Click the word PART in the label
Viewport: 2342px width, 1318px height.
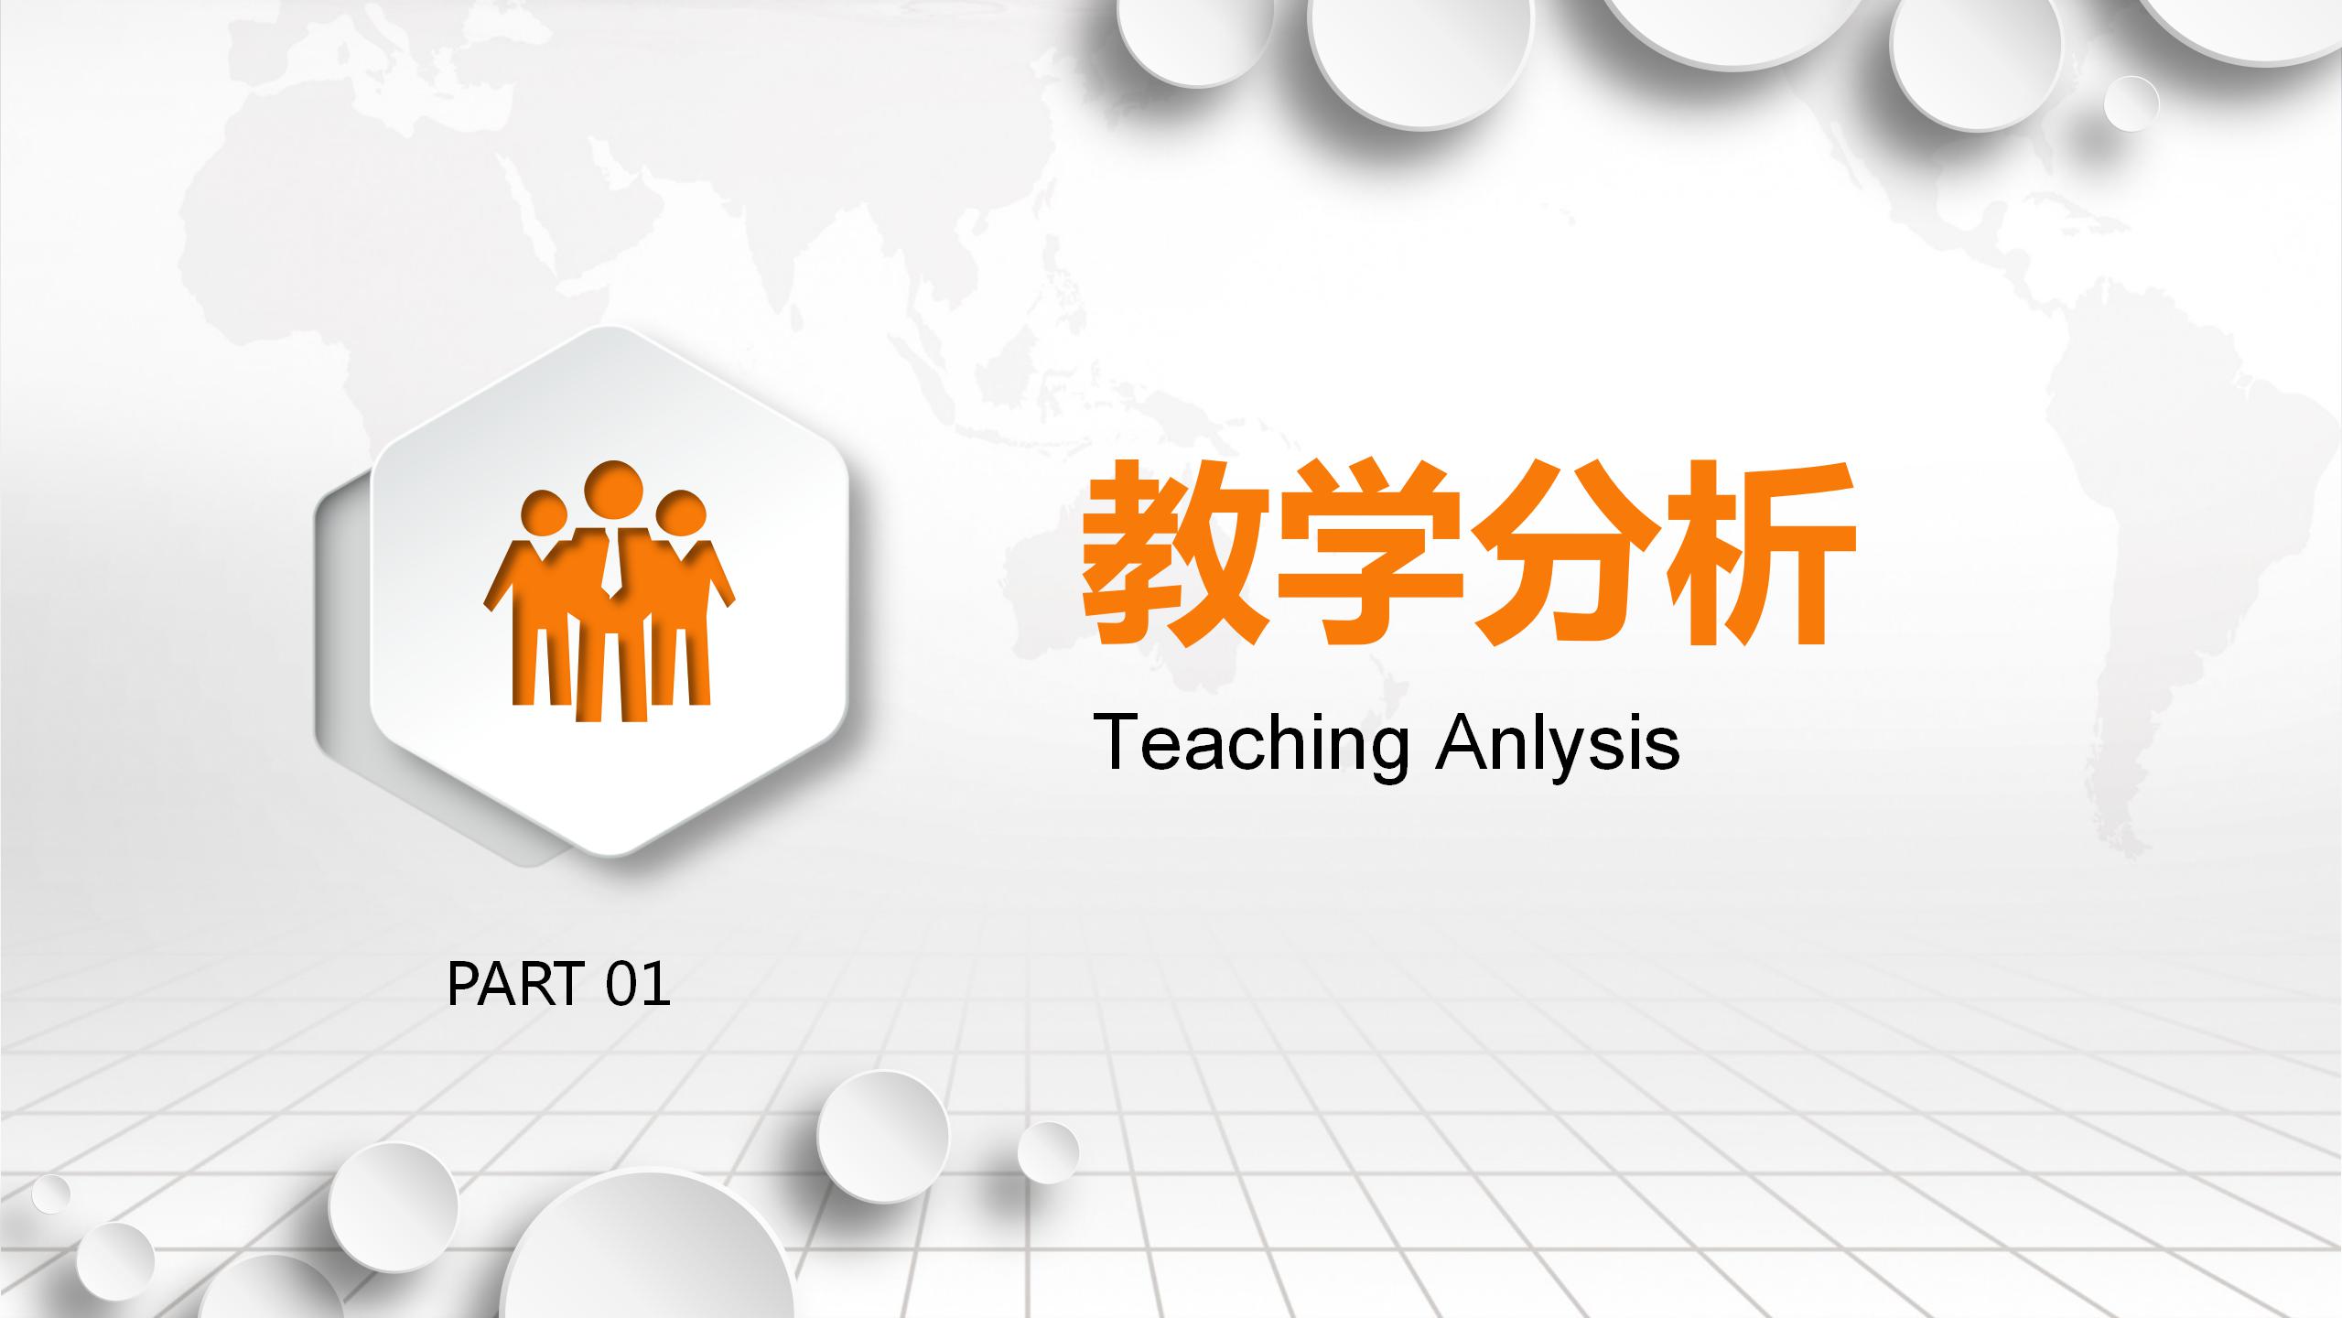514,985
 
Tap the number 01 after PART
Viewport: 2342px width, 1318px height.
639,985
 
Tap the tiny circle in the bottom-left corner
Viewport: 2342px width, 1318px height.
50,1194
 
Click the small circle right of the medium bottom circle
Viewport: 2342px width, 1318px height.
1048,1151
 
